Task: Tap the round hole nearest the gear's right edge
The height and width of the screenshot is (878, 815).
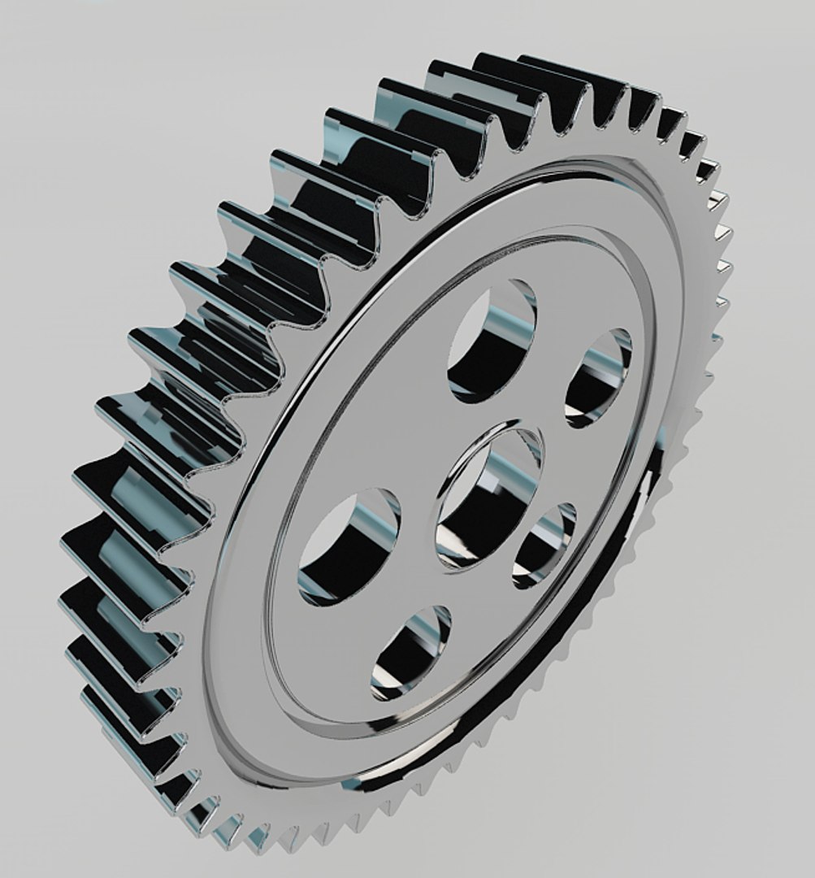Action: pyautogui.click(x=598, y=378)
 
